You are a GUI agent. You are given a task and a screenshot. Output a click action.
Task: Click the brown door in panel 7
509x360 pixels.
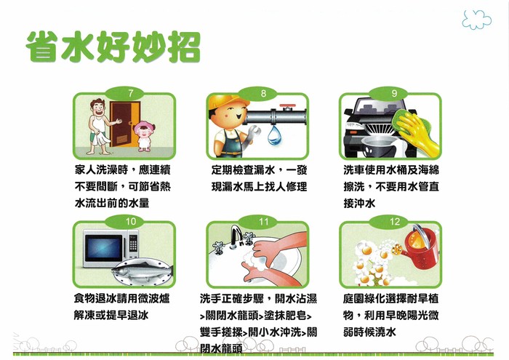click(x=124, y=124)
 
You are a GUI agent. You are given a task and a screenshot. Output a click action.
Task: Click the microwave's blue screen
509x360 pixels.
click(x=103, y=248)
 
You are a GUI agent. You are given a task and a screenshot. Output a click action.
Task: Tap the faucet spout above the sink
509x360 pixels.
click(x=236, y=235)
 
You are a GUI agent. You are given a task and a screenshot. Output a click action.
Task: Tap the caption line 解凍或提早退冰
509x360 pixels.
click(x=111, y=315)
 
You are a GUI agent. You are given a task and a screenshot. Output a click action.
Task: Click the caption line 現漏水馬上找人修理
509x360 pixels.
click(x=259, y=187)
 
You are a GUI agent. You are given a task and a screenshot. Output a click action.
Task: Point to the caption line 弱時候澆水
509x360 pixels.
click(x=369, y=332)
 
